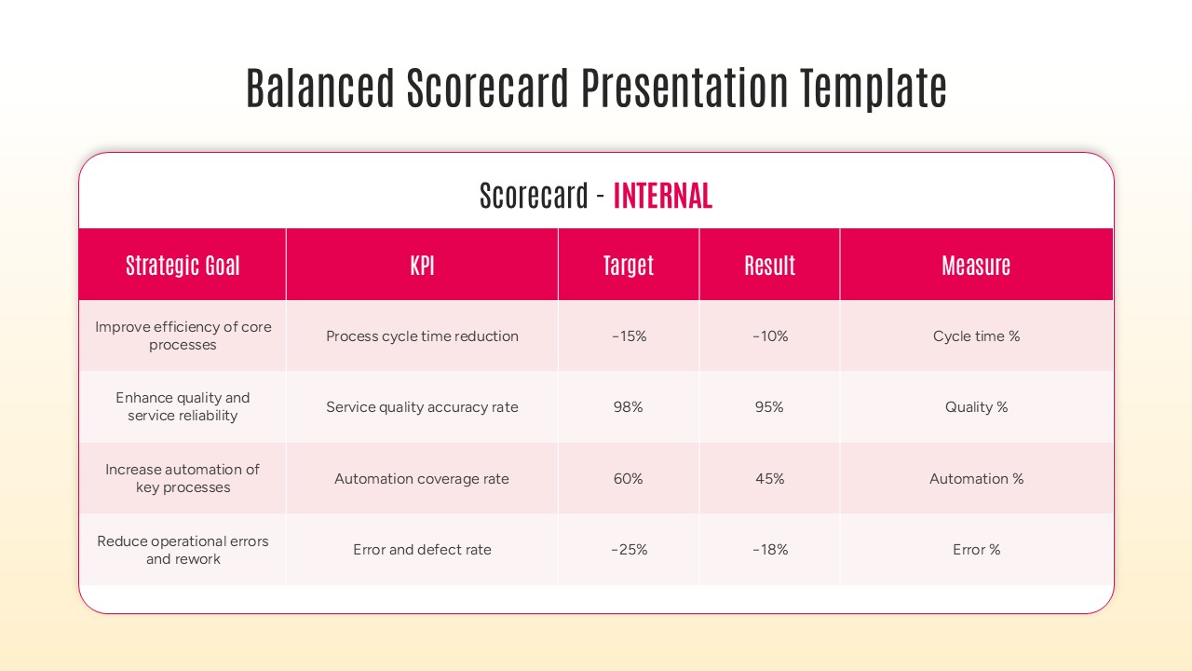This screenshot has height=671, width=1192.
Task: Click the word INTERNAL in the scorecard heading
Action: point(662,196)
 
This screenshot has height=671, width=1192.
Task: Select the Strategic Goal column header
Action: point(183,266)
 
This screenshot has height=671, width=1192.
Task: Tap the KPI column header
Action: point(422,266)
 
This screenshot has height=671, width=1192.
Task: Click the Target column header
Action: point(629,266)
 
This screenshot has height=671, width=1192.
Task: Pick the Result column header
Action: point(769,266)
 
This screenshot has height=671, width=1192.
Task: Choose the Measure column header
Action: point(976,266)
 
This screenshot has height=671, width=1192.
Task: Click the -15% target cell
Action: point(629,336)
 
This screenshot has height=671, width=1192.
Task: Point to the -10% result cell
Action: point(769,336)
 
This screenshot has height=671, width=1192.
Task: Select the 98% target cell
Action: point(629,407)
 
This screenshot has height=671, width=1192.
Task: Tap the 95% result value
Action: point(769,407)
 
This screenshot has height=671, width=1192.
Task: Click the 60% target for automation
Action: point(629,479)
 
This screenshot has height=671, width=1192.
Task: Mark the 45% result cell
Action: point(769,479)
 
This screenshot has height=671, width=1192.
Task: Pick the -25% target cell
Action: point(629,550)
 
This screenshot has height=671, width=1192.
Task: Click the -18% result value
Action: point(769,550)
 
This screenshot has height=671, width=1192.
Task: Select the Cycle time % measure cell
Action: point(976,336)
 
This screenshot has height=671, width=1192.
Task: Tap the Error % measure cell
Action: point(976,550)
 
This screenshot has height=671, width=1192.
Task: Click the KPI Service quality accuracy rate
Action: point(422,407)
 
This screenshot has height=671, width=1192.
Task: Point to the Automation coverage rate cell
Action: point(422,479)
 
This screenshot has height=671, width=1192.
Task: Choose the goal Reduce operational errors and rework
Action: point(183,550)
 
